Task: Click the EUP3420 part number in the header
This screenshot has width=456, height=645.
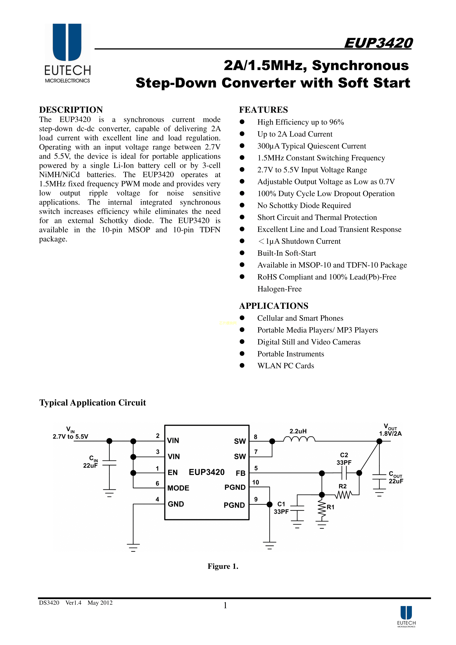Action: click(378, 43)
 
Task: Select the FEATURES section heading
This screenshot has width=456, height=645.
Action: click(263, 110)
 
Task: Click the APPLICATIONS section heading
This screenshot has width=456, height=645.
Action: click(274, 306)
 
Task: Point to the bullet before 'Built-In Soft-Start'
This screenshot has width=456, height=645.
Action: click(242, 253)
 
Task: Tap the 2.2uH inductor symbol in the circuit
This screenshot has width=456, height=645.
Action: click(299, 439)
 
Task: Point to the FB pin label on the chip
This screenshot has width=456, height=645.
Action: click(241, 473)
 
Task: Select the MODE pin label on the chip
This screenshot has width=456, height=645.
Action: click(178, 488)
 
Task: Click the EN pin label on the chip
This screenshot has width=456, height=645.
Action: click(172, 473)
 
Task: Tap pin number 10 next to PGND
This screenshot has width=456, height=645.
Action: click(255, 482)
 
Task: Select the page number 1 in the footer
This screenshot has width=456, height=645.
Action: click(225, 605)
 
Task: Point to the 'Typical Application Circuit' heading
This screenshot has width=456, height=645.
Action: click(92, 403)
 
